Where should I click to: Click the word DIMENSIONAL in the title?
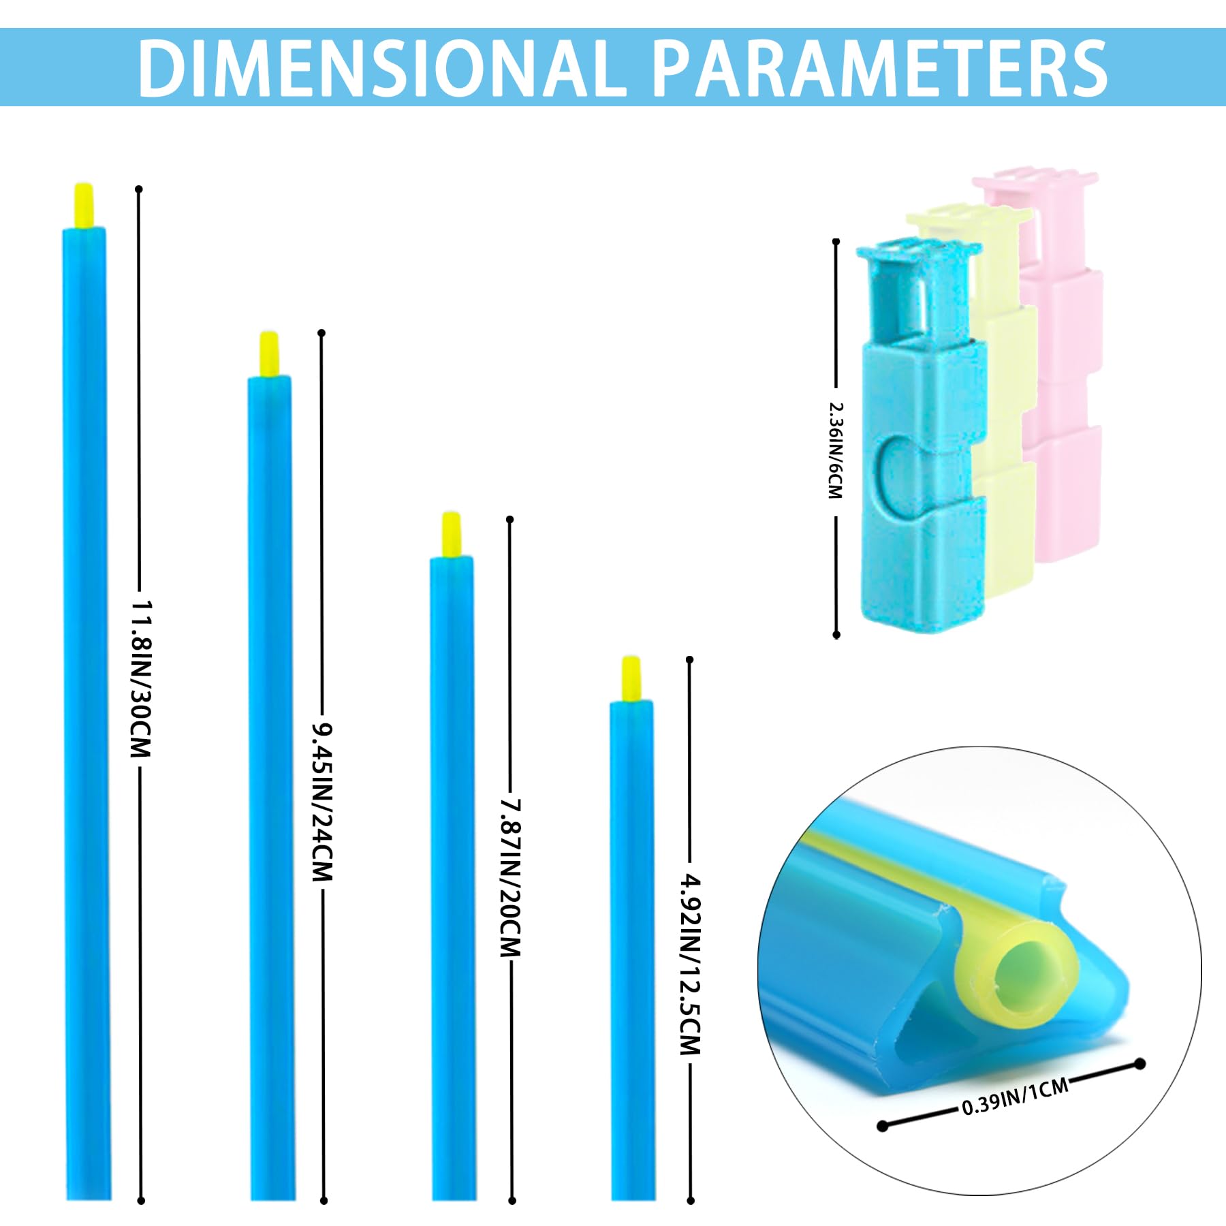[382, 67]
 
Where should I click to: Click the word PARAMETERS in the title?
[880, 67]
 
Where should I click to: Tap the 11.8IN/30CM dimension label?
[141, 679]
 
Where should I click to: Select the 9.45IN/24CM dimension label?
[322, 802]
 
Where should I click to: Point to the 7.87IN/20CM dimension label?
[510, 879]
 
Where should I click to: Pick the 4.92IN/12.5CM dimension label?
[690, 965]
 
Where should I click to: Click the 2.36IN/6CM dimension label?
[836, 450]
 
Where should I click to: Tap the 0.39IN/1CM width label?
[1015, 1097]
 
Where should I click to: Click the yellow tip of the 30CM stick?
[84, 205]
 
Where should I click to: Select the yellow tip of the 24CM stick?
[269, 353]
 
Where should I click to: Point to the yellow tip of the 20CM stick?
[451, 535]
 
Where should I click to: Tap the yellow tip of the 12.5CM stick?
[631, 679]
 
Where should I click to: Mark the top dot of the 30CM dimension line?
[139, 189]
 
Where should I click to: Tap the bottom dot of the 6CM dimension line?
[836, 635]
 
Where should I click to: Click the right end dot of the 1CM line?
[1140, 1064]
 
